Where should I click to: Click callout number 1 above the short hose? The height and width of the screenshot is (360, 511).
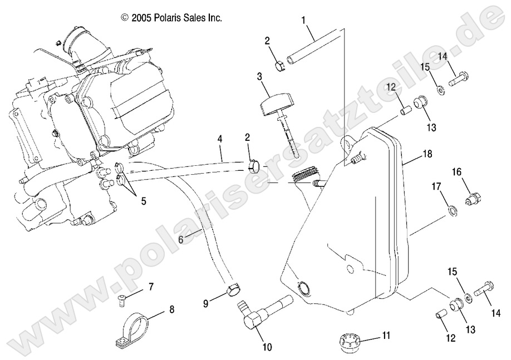304,21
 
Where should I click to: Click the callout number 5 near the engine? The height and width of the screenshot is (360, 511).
143,201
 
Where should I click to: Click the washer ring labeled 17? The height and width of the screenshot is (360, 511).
453,210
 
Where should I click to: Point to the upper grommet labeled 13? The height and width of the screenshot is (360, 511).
419,104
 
